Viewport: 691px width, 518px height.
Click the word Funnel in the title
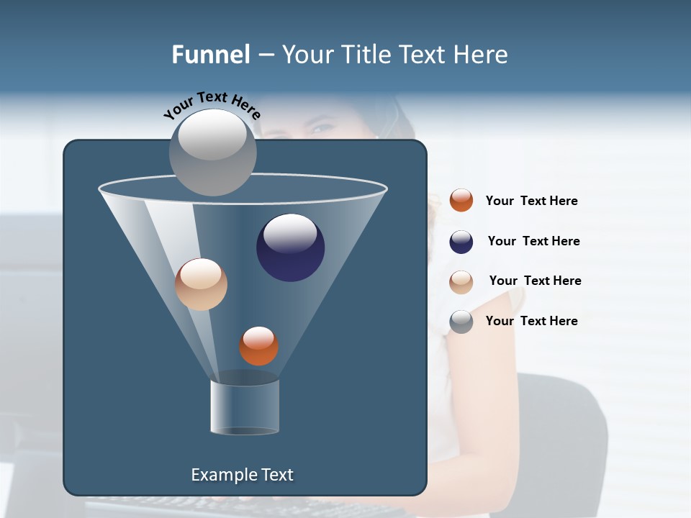[x=210, y=55]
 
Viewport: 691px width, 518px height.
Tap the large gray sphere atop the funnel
[x=212, y=152]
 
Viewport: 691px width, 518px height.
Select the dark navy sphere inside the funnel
[x=290, y=247]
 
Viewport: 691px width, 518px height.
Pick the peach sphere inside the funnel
[x=201, y=284]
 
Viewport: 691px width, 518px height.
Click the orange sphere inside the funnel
[x=258, y=346]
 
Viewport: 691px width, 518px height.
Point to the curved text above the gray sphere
[x=212, y=105]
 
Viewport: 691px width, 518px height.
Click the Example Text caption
[x=242, y=475]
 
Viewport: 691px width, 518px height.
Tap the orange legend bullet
[x=461, y=201]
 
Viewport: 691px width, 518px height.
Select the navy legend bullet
[x=461, y=242]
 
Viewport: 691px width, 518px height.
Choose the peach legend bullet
[x=461, y=282]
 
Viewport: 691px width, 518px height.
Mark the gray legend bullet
[x=461, y=322]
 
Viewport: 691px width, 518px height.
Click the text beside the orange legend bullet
[x=531, y=201]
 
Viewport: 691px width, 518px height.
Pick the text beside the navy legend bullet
[x=533, y=242]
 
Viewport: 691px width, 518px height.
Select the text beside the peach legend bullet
[x=535, y=281]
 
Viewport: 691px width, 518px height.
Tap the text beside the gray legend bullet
[x=531, y=322]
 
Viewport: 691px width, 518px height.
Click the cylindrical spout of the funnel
[x=245, y=406]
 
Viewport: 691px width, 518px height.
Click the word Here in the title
[x=483, y=55]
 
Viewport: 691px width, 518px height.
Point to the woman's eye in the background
[x=322, y=129]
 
